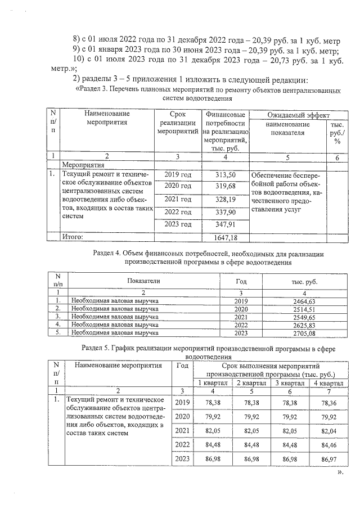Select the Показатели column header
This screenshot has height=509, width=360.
pos(144,280)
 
